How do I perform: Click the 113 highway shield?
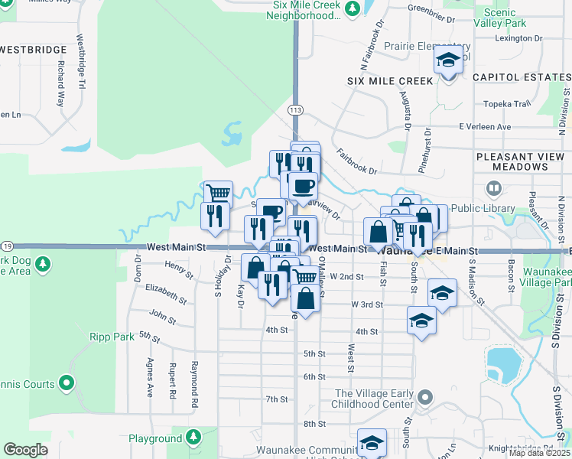point(295,111)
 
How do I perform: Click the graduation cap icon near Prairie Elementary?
point(448,60)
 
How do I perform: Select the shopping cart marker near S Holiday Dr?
point(218,194)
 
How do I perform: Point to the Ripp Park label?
point(111,336)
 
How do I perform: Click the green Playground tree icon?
point(193,438)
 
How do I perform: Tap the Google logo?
point(25,450)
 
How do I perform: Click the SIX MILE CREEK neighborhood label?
point(390,80)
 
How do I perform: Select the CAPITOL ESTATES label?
point(521,77)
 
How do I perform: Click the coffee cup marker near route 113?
point(302,184)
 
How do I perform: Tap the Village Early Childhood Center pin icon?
point(426,398)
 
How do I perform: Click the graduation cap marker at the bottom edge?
point(372,443)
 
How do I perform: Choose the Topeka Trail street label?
point(506,104)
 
